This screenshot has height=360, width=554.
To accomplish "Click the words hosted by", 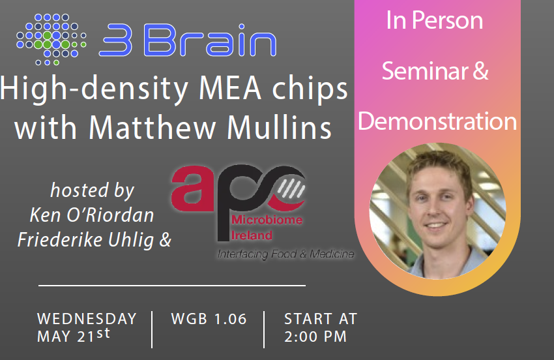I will (92, 190).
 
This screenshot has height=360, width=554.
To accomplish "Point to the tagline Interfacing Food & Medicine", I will (285, 254).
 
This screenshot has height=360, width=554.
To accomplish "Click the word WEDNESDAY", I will (87, 319).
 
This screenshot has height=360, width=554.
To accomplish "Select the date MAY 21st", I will (74, 337).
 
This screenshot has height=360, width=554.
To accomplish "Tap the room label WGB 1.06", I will (209, 319).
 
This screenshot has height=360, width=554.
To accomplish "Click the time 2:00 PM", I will (315, 337).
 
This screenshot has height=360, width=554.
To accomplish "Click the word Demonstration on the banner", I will (437, 121).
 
